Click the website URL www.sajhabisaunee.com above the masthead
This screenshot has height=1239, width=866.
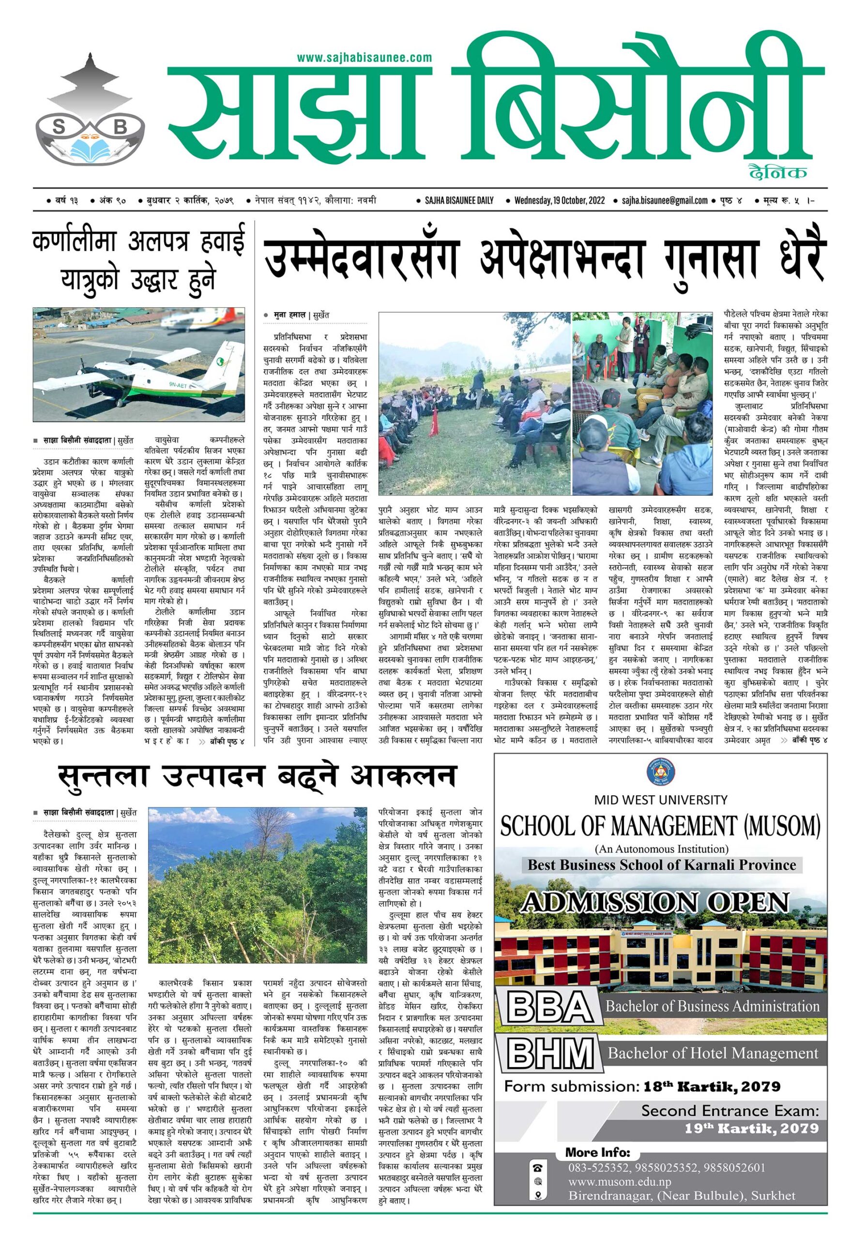pyautogui.click(x=364, y=57)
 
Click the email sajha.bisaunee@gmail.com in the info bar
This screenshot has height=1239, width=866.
pyautogui.click(x=665, y=201)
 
